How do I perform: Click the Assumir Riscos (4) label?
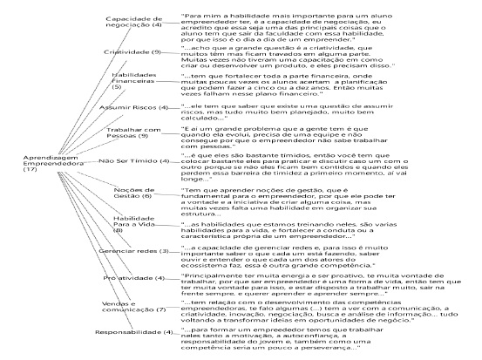click(128, 108)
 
